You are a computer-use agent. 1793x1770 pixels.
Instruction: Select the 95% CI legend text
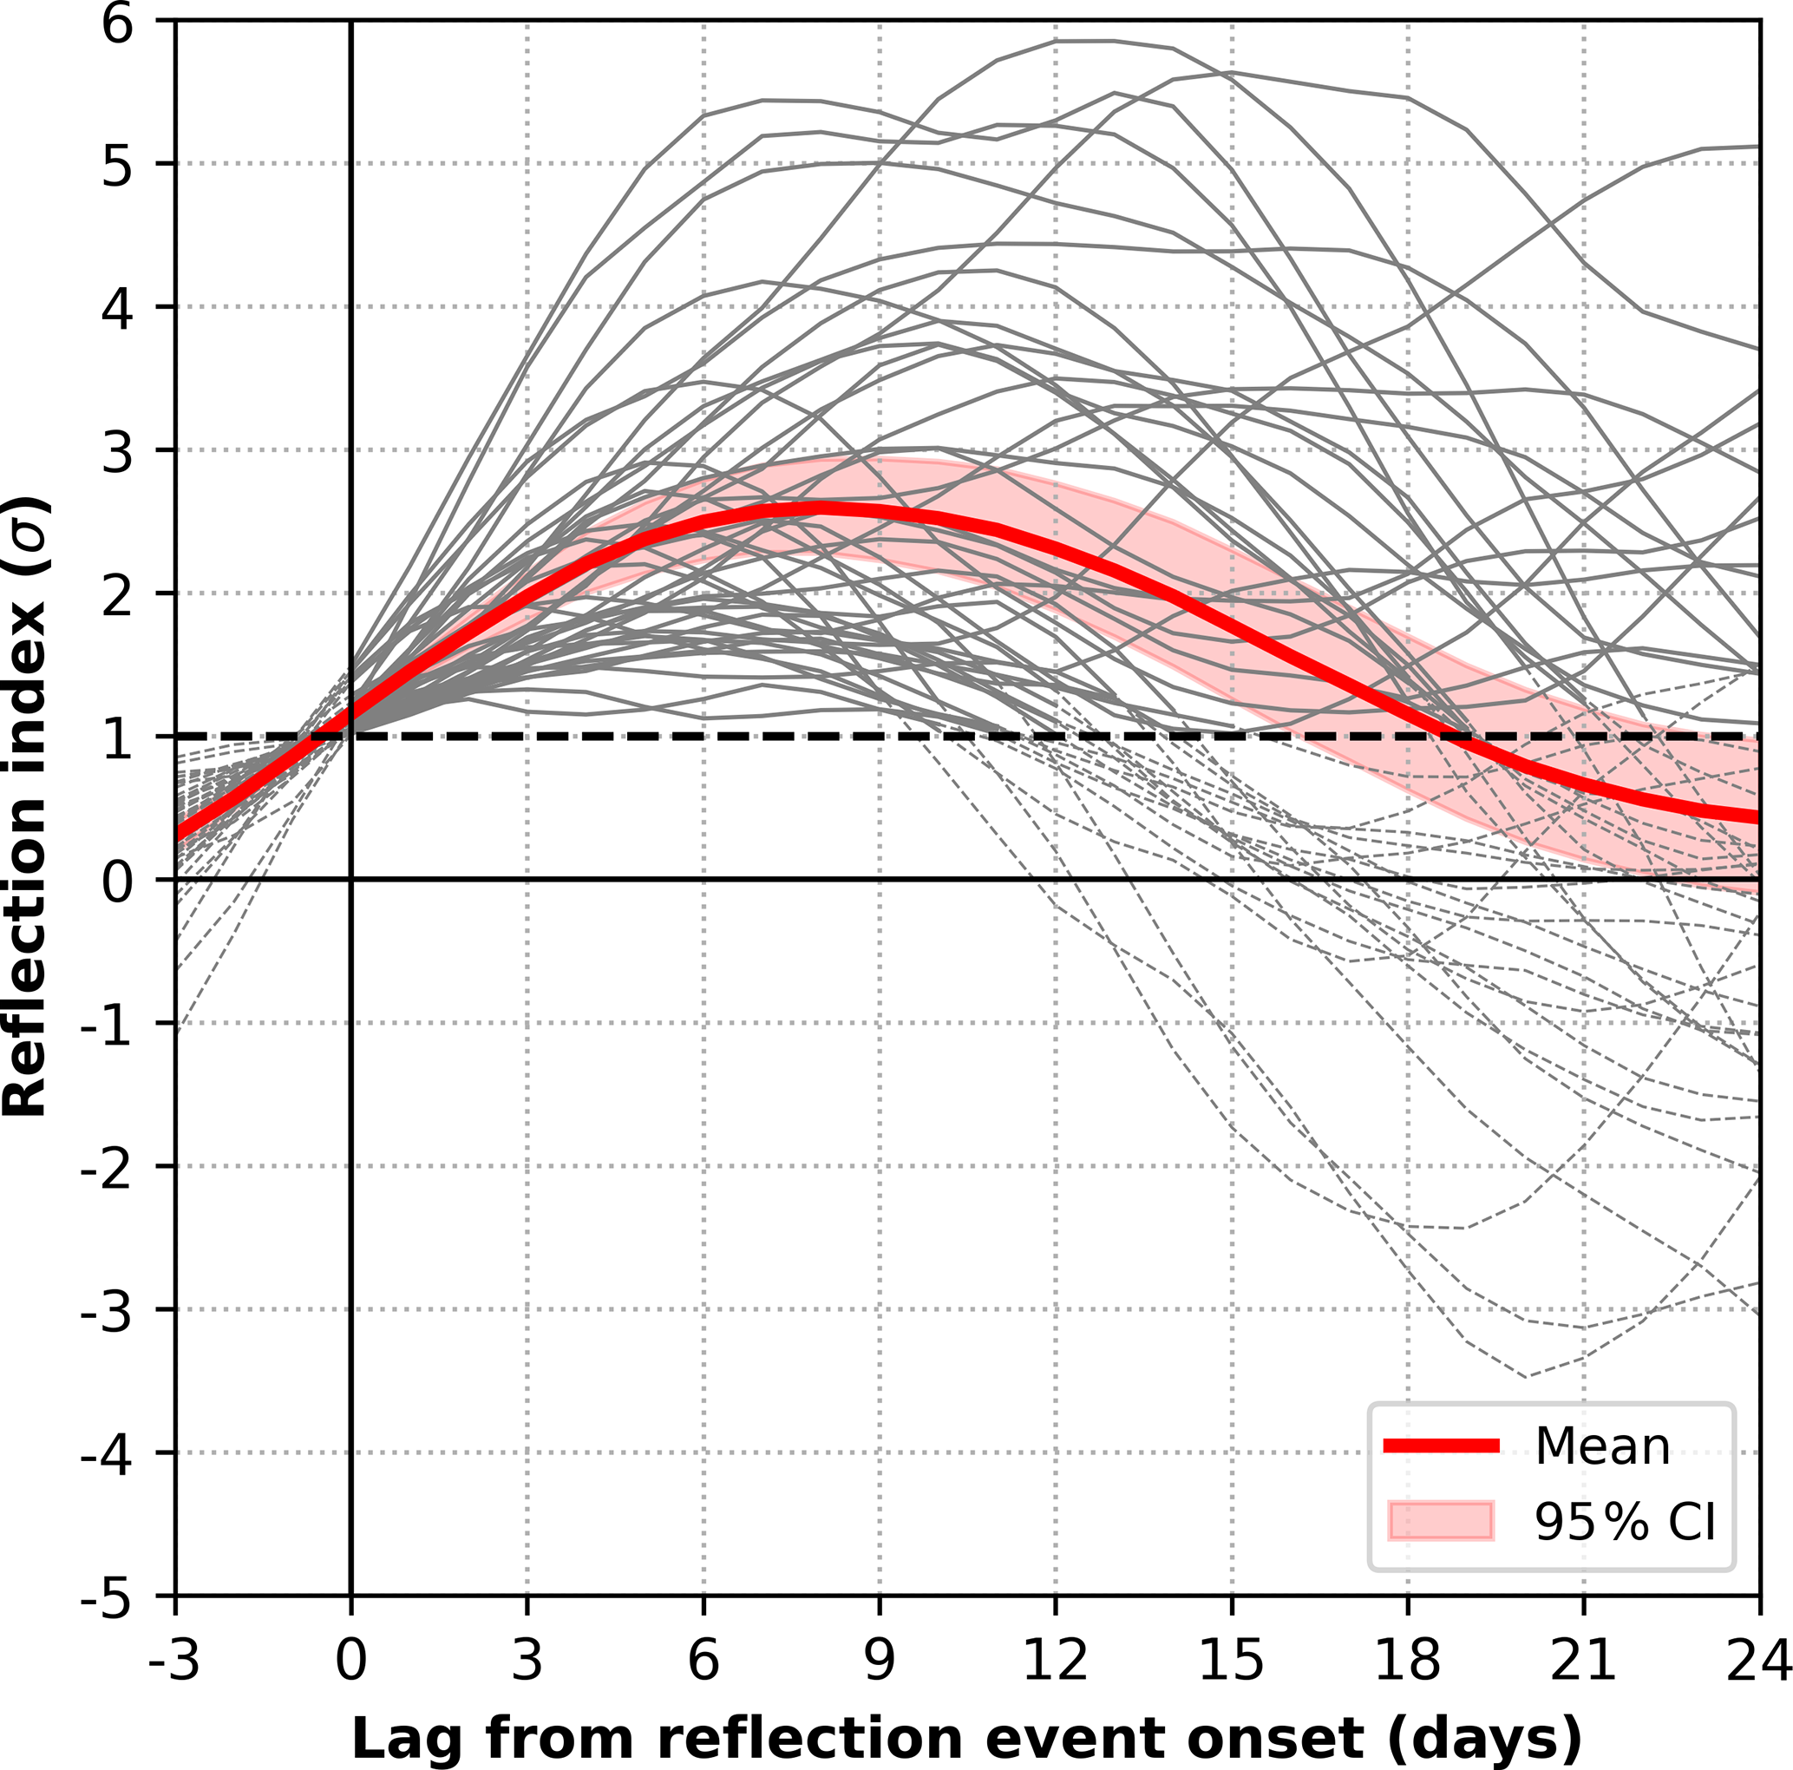click(1625, 1521)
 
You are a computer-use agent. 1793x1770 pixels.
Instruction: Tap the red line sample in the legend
click(1442, 1445)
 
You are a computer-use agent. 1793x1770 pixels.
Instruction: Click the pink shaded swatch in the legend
click(1442, 1521)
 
